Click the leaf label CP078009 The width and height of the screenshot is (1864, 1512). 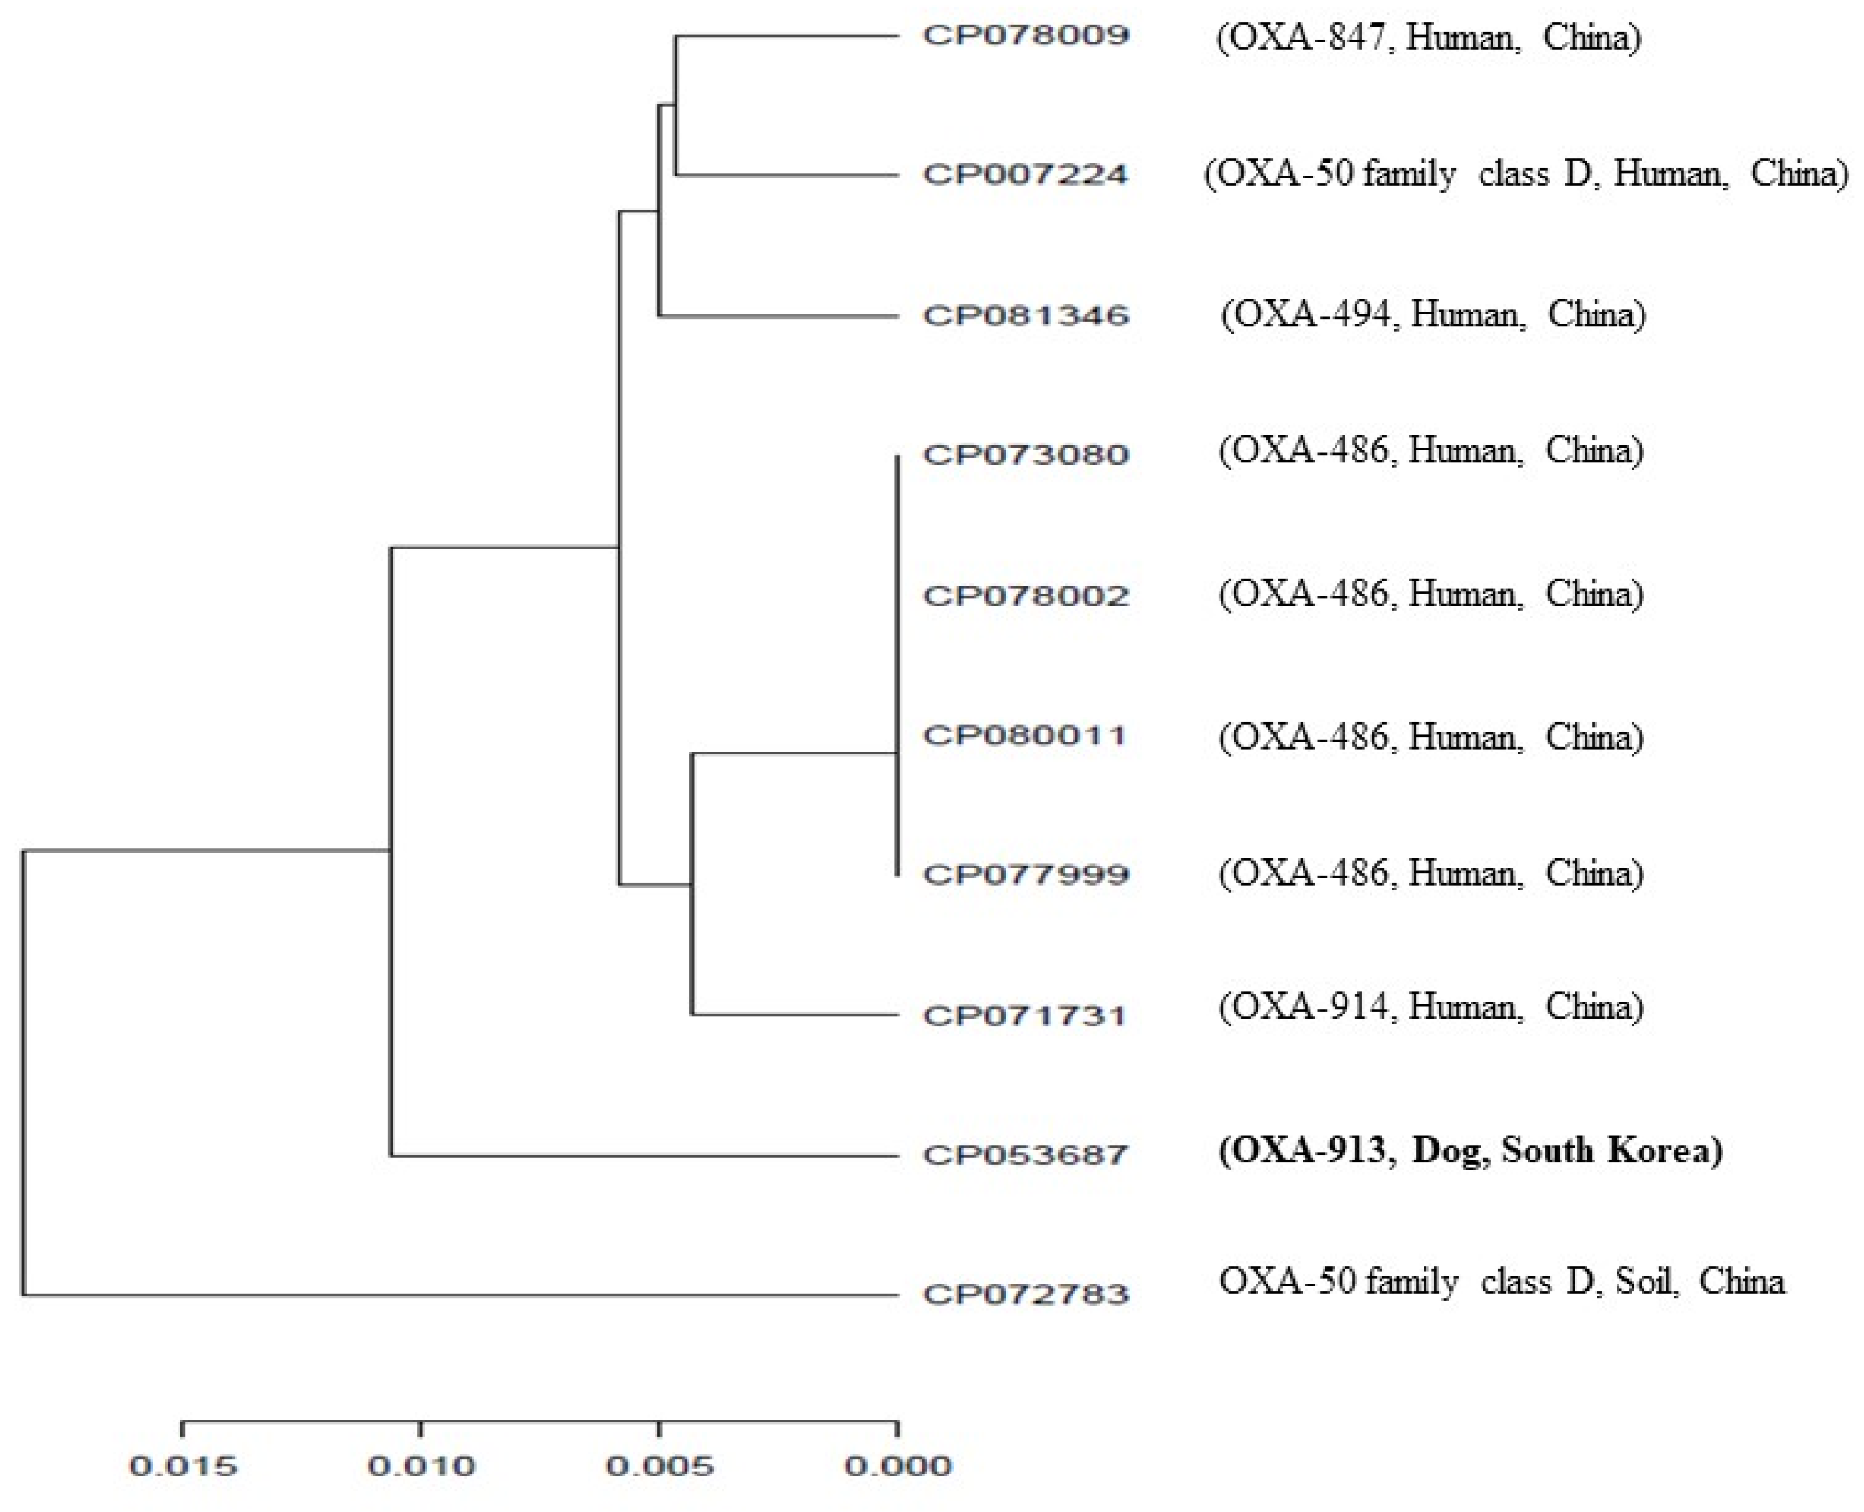pos(1025,36)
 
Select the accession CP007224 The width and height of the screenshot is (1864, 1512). pos(1025,175)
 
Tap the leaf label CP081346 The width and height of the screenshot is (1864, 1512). pos(1025,316)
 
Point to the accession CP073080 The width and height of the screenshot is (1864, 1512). pos(1025,455)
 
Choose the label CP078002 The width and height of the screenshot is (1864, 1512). pos(1025,596)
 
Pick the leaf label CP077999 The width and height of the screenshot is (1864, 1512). pos(1025,874)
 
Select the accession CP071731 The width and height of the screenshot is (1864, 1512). pos(1025,1016)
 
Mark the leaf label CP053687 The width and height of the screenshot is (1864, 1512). pos(1025,1156)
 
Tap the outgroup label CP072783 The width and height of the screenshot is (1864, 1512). pos(1025,1294)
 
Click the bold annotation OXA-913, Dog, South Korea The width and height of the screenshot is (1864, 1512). pos(1470,1150)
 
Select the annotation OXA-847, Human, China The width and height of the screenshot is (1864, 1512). pos(1428,38)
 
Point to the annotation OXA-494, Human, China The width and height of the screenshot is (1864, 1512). pos(1434,314)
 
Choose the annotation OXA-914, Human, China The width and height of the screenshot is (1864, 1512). pos(1431,1008)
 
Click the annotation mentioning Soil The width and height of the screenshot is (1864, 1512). pos(1501,1281)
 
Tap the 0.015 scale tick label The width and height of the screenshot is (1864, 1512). pos(182,1466)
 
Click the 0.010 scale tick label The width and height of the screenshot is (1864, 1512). pos(421,1466)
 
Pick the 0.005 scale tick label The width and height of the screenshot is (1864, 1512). pos(659,1466)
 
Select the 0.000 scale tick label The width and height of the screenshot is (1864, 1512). pos(898,1466)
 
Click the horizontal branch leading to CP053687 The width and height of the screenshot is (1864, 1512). pos(645,1156)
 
